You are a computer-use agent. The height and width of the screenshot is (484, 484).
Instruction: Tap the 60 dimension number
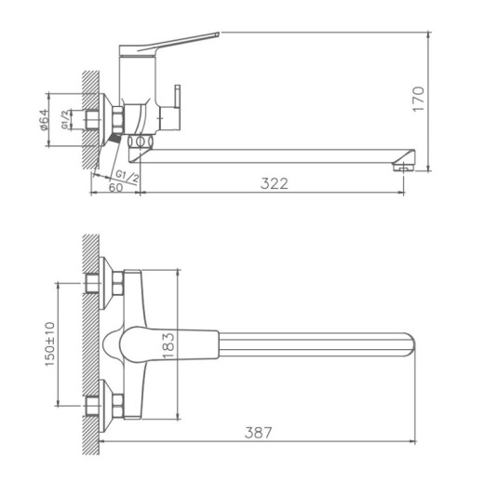pyautogui.click(x=115, y=186)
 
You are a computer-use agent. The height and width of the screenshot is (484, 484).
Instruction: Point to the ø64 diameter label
pyautogui.click(x=44, y=119)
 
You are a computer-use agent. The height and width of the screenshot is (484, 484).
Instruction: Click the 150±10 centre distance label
pyautogui.click(x=48, y=343)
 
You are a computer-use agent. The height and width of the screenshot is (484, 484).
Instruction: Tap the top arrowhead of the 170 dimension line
pyautogui.click(x=429, y=35)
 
